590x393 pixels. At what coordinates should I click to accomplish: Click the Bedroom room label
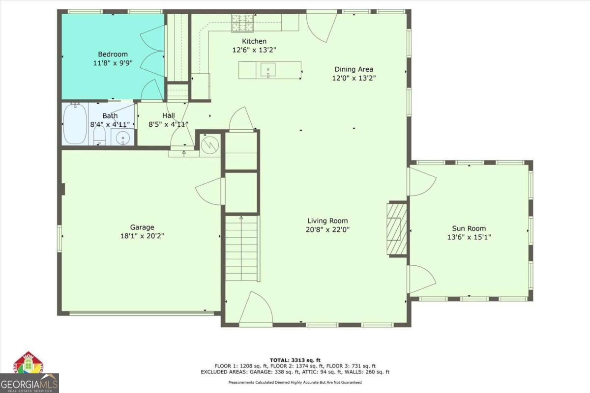click(113, 54)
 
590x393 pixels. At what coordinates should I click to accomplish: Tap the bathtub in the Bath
click(75, 124)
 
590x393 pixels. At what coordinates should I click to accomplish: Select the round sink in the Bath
click(123, 139)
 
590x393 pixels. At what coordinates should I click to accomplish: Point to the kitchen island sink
click(268, 70)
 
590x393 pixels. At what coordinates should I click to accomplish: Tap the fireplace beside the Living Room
click(397, 228)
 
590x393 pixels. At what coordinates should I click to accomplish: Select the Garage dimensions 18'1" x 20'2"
click(142, 236)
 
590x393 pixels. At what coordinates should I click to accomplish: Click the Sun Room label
click(469, 228)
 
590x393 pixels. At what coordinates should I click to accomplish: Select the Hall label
click(169, 116)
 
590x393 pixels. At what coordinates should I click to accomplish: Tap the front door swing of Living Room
click(256, 309)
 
